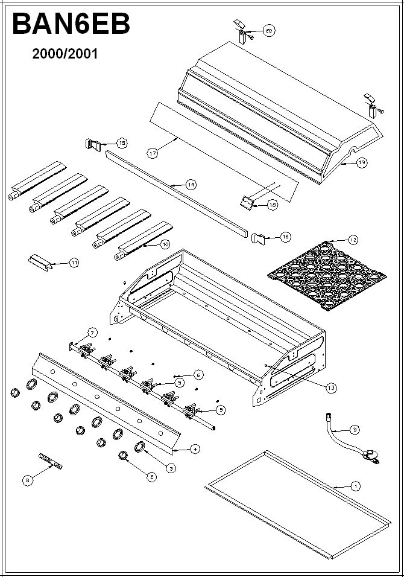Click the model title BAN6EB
[x=71, y=25]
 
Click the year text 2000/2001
[x=65, y=54]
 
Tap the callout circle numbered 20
[x=269, y=30]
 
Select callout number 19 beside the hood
[x=361, y=162]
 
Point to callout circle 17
[x=152, y=153]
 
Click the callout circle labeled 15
[x=122, y=143]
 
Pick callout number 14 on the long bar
[x=191, y=185]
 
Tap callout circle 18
[x=273, y=205]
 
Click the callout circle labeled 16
[x=285, y=237]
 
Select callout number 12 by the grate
[x=353, y=240]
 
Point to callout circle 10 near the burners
[x=165, y=244]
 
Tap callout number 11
[x=74, y=263]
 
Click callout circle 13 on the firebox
[x=331, y=388]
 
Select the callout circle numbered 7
[x=92, y=333]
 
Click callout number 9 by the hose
[x=355, y=429]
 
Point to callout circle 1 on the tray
[x=355, y=486]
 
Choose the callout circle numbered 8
[x=27, y=480]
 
